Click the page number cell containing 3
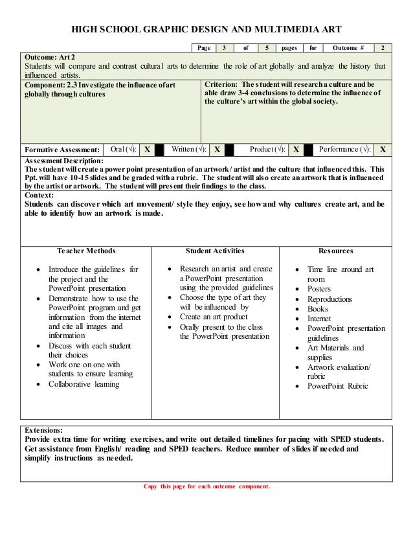[x=225, y=48]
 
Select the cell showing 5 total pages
[x=265, y=48]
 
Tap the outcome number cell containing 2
[x=385, y=48]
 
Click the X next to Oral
[x=148, y=148]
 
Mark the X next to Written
[x=218, y=148]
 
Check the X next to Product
[x=295, y=148]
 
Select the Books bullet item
[x=318, y=309]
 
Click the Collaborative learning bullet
[x=84, y=385]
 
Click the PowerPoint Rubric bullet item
[x=337, y=387]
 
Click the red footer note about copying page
[x=205, y=486]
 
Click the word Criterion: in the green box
[x=221, y=85]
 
